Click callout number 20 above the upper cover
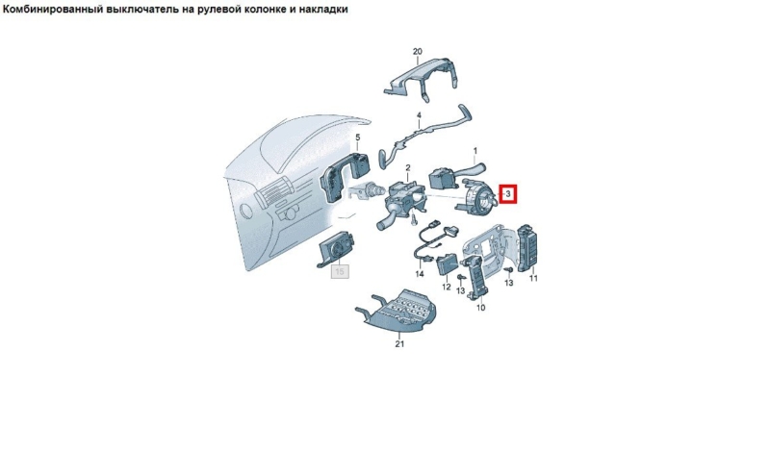point(418,52)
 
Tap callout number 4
point(419,115)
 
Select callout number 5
point(357,138)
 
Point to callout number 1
point(475,150)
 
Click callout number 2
point(407,168)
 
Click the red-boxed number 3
point(508,194)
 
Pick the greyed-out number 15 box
point(340,271)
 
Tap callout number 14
point(420,274)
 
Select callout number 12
point(446,287)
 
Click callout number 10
point(480,308)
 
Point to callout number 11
point(533,278)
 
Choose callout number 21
point(399,344)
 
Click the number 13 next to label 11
point(509,283)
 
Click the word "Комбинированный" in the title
point(53,10)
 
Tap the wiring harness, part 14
point(432,243)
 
